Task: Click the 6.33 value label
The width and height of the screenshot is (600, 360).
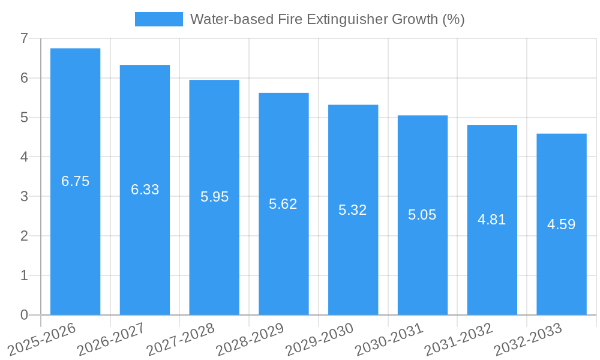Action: coord(145,190)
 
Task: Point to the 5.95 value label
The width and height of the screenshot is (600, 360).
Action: coord(214,197)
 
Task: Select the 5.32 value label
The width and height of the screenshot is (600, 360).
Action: coord(353,210)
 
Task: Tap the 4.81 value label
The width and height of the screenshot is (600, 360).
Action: coord(492,220)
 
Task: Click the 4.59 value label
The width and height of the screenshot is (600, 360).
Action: coord(561,224)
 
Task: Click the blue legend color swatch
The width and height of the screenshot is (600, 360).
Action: coord(158,19)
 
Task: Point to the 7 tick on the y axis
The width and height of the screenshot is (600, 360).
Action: coord(24,38)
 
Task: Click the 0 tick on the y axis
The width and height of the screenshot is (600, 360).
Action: coord(24,315)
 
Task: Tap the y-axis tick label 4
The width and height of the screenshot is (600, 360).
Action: coord(24,157)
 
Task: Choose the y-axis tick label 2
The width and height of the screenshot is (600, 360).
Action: coord(24,236)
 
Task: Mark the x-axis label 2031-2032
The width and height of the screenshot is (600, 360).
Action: coord(459,338)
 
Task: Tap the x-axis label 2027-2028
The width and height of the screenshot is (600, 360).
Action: coord(181,338)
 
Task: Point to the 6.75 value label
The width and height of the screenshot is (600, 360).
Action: coord(75,181)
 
